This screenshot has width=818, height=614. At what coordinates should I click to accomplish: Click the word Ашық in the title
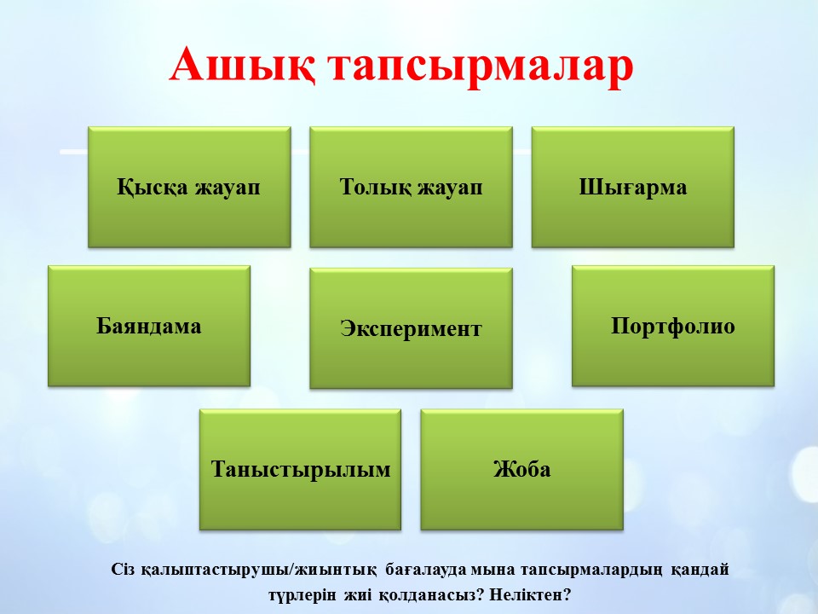point(242,66)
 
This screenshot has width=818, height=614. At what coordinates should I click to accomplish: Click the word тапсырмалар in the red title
point(481,68)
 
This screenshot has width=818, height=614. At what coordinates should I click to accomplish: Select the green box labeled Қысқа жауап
point(189,187)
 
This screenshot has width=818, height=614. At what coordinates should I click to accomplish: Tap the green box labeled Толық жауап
point(411,187)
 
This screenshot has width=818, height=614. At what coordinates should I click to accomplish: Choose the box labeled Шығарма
point(633,187)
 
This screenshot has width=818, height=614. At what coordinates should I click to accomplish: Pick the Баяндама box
point(149,326)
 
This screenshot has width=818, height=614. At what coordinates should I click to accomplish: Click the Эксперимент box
point(411,328)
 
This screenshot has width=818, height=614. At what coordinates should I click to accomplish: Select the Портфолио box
point(673,326)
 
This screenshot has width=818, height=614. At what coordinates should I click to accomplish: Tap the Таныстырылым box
point(301,469)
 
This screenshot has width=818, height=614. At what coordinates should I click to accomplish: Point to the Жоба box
point(522,469)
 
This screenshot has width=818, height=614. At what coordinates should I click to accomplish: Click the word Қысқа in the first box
point(153,188)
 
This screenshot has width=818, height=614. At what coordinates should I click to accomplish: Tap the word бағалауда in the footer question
point(426,570)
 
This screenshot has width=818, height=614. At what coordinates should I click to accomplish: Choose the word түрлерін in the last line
point(302,595)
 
